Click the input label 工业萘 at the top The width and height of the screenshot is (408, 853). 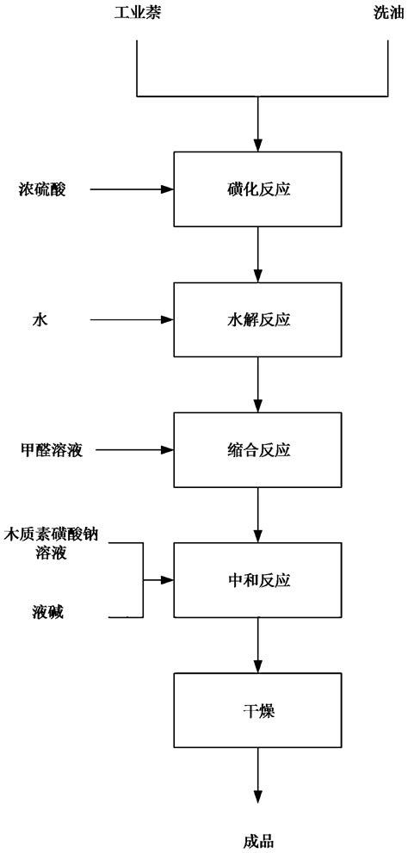[x=138, y=14]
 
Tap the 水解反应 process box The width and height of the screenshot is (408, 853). [x=258, y=319]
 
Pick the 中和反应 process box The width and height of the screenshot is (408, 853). [x=258, y=579]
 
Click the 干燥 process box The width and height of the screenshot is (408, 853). [x=258, y=712]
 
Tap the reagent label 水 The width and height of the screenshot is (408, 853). [x=39, y=319]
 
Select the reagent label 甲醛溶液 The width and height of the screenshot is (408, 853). [x=53, y=449]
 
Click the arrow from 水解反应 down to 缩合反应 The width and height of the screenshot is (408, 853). [x=258, y=385]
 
